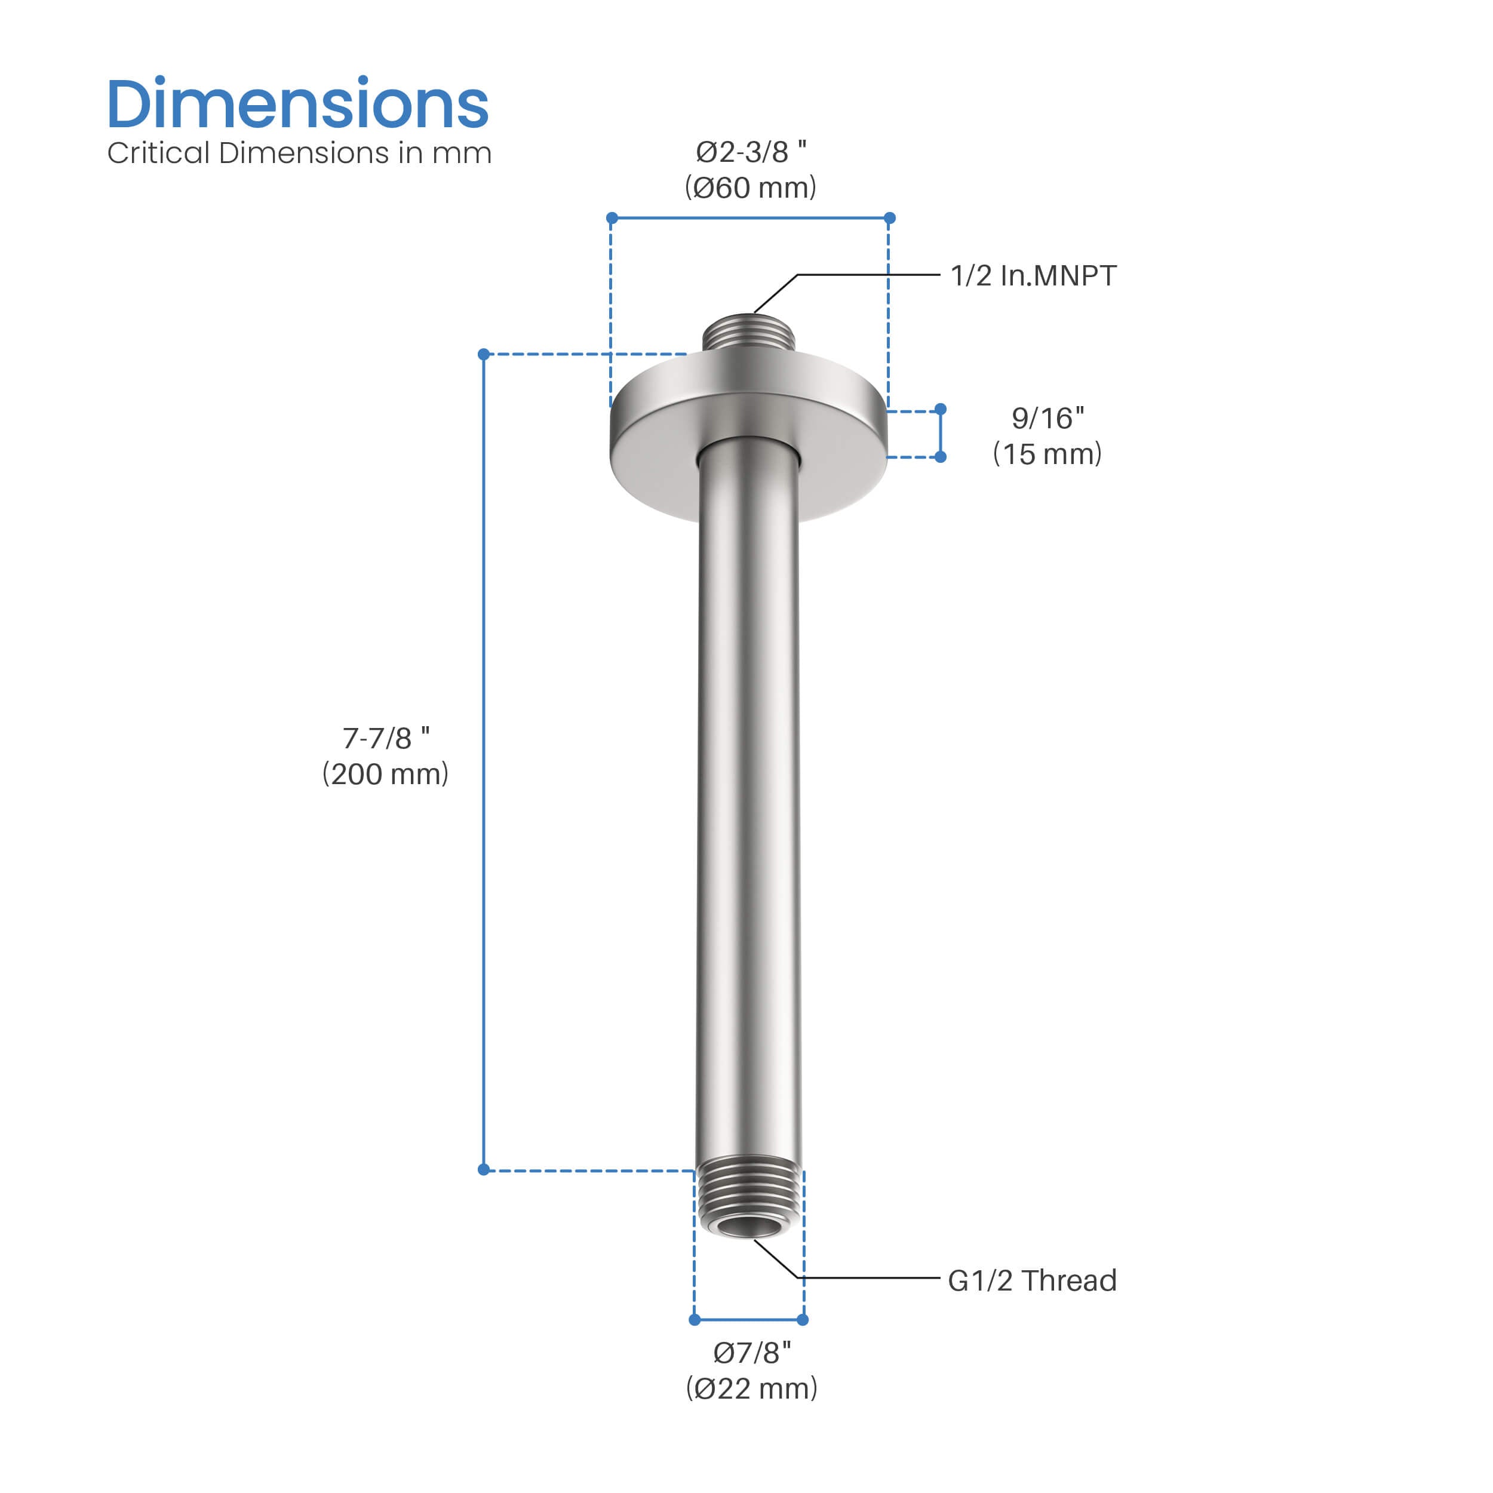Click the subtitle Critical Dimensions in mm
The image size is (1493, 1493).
pos(299,153)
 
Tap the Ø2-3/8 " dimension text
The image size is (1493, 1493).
pos(750,152)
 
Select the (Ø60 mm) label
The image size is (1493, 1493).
pos(750,188)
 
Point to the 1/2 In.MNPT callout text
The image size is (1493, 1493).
pos(1033,276)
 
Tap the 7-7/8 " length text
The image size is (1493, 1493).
pos(386,738)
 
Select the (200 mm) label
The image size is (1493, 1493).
pos(386,775)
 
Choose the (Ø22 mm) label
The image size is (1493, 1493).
pos(752,1388)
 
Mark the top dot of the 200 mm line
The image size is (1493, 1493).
pos(484,355)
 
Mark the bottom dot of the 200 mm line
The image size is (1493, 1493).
pos(484,1170)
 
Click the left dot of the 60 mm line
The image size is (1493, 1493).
pos(612,218)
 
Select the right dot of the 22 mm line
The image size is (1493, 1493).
pos(803,1320)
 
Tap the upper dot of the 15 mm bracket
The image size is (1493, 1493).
pos(941,409)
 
